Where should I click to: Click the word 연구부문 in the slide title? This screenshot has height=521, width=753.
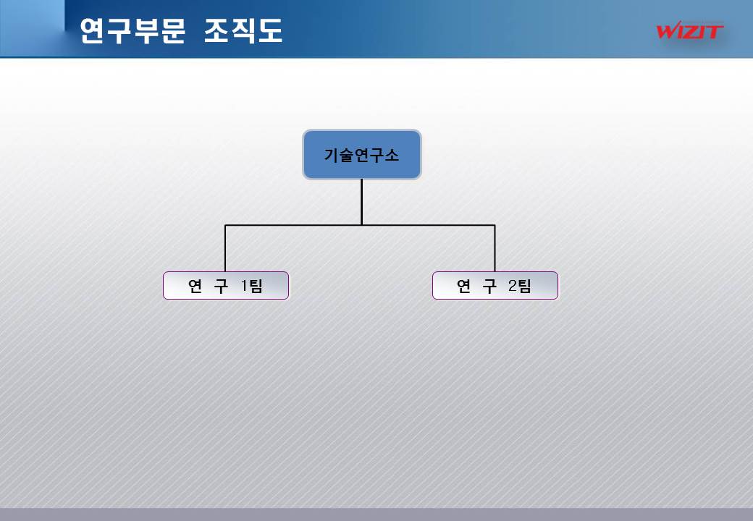point(132,31)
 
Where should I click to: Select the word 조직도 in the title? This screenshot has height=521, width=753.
point(243,31)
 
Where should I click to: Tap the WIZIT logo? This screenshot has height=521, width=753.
point(689,31)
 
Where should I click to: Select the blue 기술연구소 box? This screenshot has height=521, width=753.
point(361,154)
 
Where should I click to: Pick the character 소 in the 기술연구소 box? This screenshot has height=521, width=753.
point(391,155)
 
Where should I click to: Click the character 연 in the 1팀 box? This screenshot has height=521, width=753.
point(195,286)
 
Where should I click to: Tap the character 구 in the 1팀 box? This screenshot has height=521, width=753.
point(222,286)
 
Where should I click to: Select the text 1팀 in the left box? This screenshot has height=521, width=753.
point(251,286)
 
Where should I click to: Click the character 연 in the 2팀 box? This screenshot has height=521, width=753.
point(464,286)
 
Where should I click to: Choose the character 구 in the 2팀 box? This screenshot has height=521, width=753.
point(490,286)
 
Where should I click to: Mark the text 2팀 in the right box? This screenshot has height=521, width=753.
point(519,286)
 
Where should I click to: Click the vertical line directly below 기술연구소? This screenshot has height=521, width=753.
point(361,201)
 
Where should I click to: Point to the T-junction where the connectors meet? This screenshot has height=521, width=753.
point(361,225)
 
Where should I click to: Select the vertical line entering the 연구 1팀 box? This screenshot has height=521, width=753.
point(225,250)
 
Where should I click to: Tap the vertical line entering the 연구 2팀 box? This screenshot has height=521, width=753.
point(495,250)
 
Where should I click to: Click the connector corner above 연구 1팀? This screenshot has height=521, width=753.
point(225,225)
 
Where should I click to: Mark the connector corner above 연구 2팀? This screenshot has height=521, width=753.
point(495,225)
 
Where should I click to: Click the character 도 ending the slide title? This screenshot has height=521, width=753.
point(269,31)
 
